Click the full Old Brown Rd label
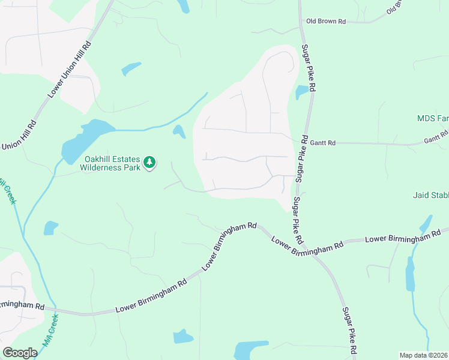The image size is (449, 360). click(326, 21)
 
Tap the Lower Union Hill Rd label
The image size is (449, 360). click(70, 69)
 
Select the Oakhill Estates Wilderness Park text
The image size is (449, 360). click(110, 163)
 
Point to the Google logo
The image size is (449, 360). click(20, 353)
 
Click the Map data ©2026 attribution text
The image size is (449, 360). click(423, 355)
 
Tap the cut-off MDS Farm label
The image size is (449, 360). click(433, 119)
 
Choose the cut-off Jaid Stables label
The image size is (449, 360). click(431, 195)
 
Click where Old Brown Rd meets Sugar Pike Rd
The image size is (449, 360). click(300, 22)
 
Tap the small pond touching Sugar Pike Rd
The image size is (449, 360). click(302, 92)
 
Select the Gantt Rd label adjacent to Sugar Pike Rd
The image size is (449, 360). click(324, 143)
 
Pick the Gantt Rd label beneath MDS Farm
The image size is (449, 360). click(435, 136)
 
